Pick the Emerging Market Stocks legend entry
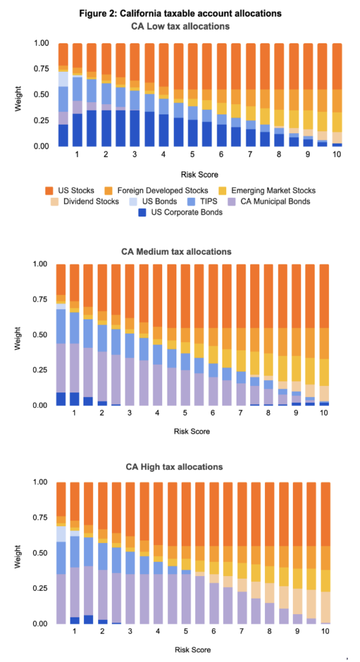(x=277, y=191)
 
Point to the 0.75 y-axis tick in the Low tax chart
(x=40, y=69)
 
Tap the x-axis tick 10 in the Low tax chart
(x=337, y=156)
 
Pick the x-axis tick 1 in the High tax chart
(x=76, y=634)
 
